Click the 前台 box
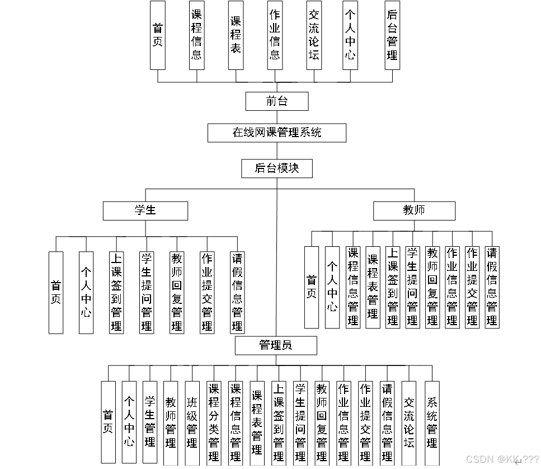pos(276,101)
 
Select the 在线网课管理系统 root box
pos(276,133)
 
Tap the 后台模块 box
pos(276,168)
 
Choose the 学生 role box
pos(145,210)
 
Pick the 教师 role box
pos(414,210)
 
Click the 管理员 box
pos(276,345)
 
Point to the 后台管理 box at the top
pos(392,35)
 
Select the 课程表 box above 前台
pos(236,35)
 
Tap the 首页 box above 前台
pos(158,35)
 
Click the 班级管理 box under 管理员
pos(192,423)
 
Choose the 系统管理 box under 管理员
pos(432,423)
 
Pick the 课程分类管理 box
pos(214,423)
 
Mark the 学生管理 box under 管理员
pos(150,423)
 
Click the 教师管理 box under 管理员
pos(171,423)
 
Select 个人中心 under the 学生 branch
pos(86,292)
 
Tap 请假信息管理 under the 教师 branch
pos(492,287)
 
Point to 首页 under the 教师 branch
pos(311,287)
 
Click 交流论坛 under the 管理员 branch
pos(409,423)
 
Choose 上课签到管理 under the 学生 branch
pos(116,292)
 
